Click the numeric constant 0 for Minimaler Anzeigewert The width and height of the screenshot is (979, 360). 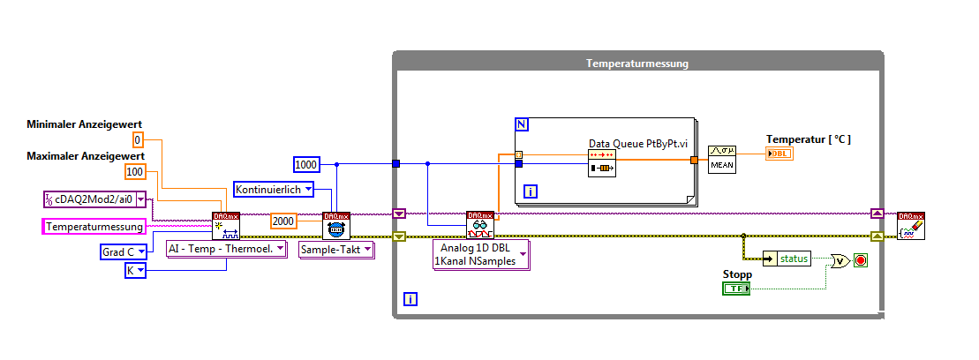pos(137,140)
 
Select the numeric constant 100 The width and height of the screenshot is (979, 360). pos(135,172)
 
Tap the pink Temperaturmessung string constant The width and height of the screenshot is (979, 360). pos(94,227)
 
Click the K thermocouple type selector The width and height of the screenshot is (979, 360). pos(135,270)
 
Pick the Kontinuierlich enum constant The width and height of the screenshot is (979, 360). pos(273,189)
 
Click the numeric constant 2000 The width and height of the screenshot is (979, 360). pos(284,221)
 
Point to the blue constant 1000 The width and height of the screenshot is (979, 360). pos(305,163)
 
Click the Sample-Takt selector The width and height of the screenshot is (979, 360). pos(335,250)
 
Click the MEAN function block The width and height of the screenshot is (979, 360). pos(722,159)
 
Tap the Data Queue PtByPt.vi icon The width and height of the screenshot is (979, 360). pos(602,162)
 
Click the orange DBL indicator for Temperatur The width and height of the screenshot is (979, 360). pos(780,154)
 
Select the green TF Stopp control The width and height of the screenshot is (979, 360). pos(735,289)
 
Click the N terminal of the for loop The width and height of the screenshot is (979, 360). pos(521,124)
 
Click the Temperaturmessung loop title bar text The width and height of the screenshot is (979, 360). pos(636,64)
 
